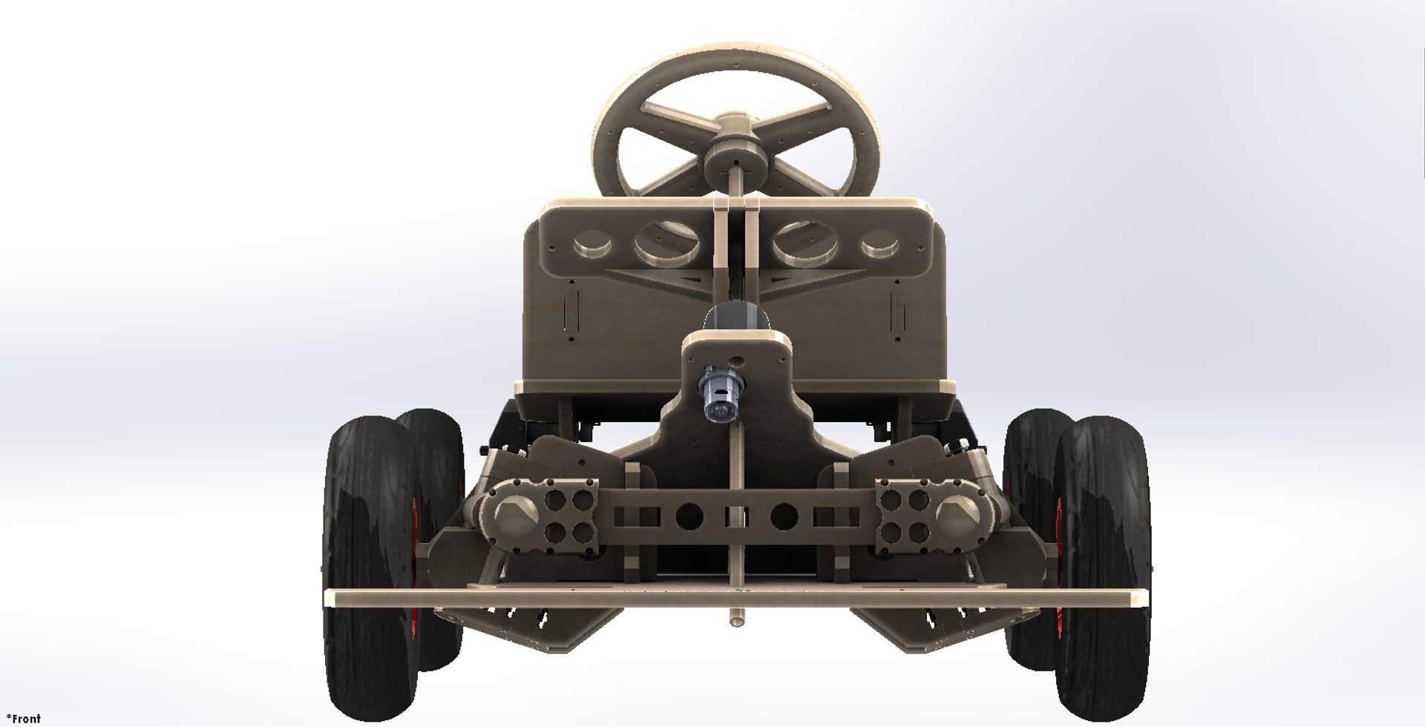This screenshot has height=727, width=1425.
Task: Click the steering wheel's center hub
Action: coord(736,157)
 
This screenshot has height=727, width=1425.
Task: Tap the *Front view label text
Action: coord(23,718)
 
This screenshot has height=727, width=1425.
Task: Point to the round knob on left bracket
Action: coord(511,513)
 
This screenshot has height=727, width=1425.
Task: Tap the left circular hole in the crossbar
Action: coord(689,515)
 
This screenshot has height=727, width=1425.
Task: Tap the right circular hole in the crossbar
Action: coord(784,515)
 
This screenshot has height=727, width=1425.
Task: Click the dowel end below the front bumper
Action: coord(736,619)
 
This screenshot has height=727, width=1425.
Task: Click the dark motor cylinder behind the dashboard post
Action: coord(735,319)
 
